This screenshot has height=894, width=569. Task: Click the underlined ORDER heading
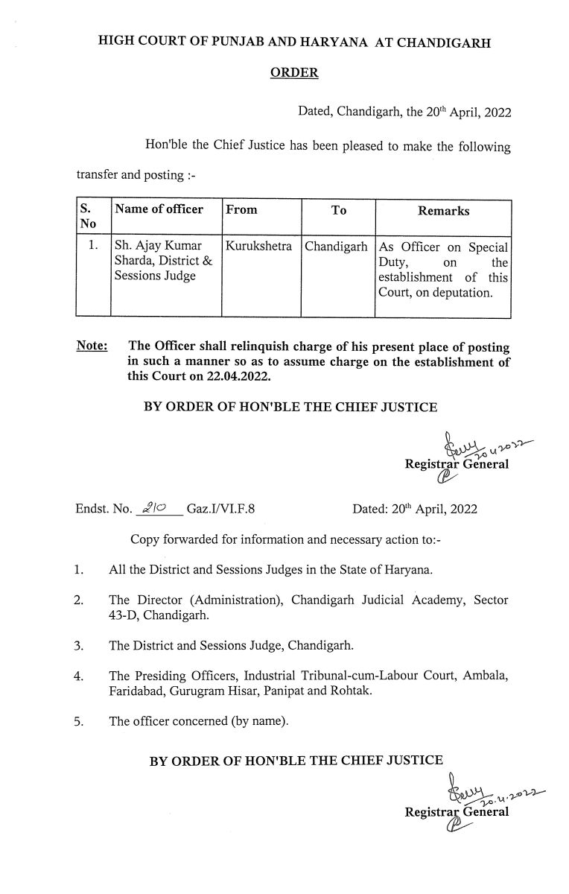tap(295, 73)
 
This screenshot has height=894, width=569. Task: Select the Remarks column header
tap(443, 211)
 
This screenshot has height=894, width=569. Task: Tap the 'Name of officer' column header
tap(159, 209)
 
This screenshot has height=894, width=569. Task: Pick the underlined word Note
tap(91, 346)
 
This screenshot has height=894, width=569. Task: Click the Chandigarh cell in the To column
tap(337, 246)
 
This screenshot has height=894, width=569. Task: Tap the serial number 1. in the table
tap(92, 246)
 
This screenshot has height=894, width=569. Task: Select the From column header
tap(241, 210)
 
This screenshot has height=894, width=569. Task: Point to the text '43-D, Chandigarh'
tap(154, 615)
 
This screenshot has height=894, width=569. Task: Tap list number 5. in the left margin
tap(79, 721)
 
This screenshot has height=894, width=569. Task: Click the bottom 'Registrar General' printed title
tap(457, 811)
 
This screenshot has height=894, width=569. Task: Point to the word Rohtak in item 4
tap(379, 691)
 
